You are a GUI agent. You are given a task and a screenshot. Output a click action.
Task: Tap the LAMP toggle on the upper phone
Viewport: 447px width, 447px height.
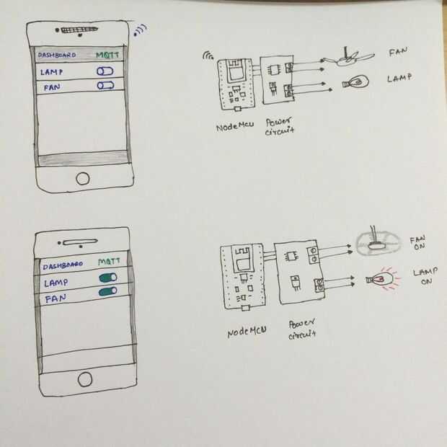click(105, 71)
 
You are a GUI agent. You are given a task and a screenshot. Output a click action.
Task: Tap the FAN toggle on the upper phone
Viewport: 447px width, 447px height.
click(105, 86)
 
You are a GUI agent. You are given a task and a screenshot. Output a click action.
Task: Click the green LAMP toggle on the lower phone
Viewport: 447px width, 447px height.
click(107, 278)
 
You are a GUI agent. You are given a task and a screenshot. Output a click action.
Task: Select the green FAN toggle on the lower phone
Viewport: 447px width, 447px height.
click(107, 292)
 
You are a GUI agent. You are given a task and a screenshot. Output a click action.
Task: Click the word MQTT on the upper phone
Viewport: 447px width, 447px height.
click(107, 55)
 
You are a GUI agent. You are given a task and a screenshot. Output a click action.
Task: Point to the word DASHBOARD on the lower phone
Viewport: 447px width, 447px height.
click(63, 265)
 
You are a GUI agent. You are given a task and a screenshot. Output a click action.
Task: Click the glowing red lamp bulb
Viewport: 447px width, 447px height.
click(380, 279)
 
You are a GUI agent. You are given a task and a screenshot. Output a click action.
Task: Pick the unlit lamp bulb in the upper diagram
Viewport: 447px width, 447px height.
click(355, 82)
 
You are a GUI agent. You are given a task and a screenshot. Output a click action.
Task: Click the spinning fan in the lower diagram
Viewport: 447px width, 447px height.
click(379, 243)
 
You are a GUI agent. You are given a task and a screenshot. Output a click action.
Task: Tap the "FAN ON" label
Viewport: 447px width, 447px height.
click(418, 243)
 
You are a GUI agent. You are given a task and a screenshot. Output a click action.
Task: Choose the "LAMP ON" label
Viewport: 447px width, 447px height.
click(425, 276)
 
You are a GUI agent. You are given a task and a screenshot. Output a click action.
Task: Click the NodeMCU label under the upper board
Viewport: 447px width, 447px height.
click(235, 126)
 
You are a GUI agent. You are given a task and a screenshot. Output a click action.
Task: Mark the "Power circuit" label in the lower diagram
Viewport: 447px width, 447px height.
click(302, 329)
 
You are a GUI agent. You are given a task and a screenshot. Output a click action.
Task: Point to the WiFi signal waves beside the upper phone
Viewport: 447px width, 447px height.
click(141, 30)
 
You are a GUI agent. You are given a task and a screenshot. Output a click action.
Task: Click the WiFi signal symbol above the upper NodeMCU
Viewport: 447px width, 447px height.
click(208, 56)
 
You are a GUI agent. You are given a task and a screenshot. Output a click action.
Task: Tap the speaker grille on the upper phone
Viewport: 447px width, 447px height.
click(79, 30)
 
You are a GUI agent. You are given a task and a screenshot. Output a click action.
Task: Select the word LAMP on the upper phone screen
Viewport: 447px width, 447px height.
click(51, 72)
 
